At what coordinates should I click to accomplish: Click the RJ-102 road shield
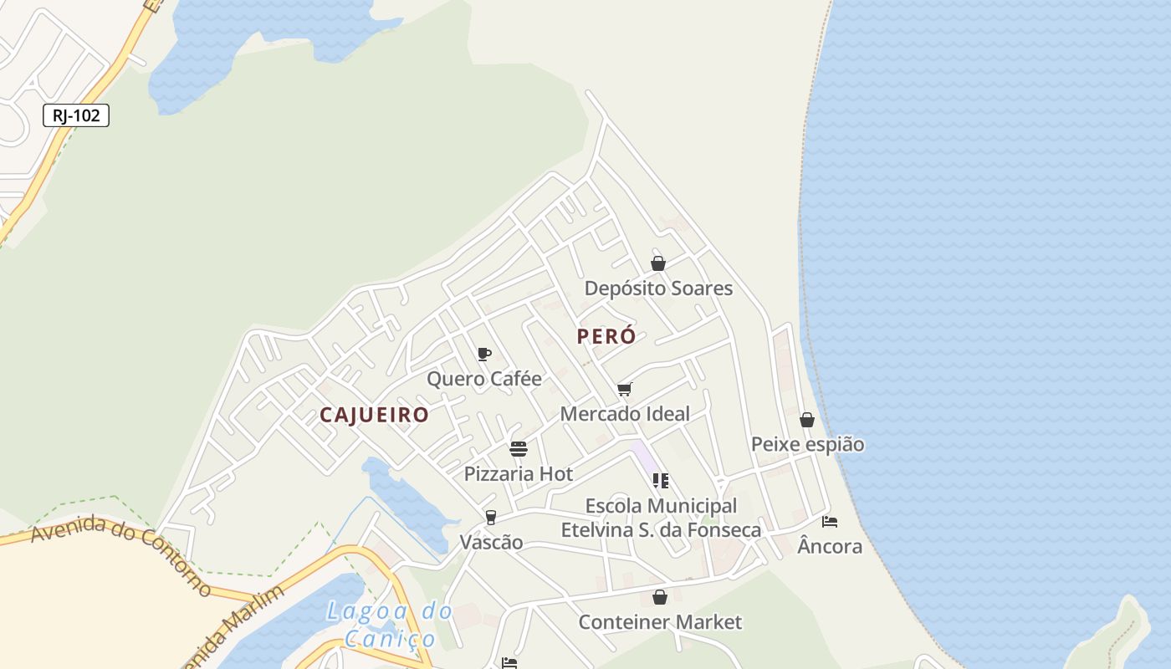click(76, 115)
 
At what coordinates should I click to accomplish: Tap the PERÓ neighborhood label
click(606, 336)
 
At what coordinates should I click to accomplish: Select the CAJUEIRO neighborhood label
click(374, 415)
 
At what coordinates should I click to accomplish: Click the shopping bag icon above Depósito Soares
click(658, 263)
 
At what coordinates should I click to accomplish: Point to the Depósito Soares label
click(658, 289)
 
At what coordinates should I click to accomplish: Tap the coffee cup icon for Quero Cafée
click(483, 354)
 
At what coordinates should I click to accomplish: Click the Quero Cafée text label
click(484, 379)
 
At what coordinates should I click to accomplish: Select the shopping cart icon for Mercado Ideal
click(625, 389)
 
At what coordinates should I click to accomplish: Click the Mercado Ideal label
click(625, 413)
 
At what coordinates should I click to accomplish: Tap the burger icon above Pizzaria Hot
click(519, 449)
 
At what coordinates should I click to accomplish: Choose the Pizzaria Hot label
click(519, 473)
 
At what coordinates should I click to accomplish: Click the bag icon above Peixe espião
click(807, 420)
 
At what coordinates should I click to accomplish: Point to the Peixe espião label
click(807, 444)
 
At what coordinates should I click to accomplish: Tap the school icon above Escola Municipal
click(661, 481)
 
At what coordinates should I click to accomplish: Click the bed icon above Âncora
click(830, 521)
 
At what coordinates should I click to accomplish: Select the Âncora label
click(830, 546)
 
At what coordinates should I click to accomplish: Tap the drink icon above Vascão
click(491, 518)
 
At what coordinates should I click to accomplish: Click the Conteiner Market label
click(660, 622)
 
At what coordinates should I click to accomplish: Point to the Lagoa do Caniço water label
click(391, 625)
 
